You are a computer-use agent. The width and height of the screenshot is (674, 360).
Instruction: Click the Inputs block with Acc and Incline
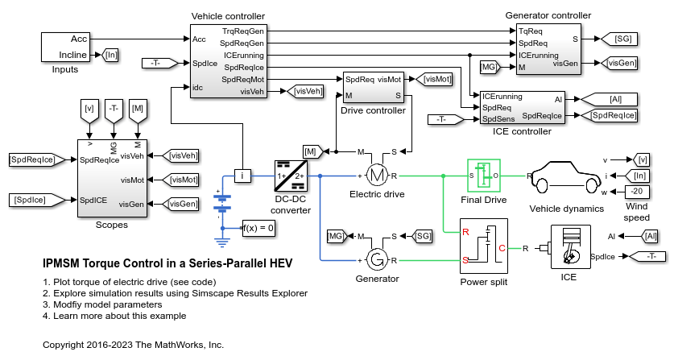[70, 48]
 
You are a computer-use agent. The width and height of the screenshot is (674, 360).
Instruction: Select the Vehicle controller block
[229, 61]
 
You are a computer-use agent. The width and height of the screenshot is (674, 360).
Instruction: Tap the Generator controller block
[548, 49]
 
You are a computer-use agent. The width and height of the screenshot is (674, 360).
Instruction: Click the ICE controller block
[522, 106]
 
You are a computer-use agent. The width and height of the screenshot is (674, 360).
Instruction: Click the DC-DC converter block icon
[290, 176]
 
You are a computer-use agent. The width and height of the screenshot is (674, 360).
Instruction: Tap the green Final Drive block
[484, 175]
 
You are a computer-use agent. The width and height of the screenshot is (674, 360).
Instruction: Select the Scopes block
[110, 178]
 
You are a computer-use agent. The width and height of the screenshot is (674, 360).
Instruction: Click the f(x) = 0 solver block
[258, 228]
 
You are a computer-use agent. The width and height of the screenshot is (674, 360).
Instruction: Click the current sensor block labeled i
[242, 176]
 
